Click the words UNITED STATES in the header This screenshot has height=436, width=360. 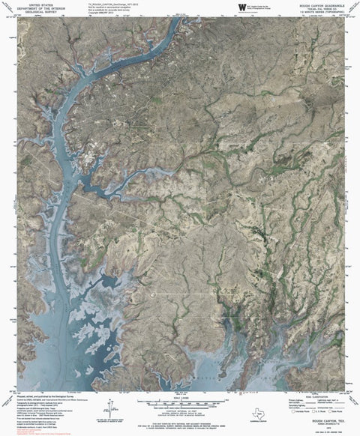[x=32, y=3]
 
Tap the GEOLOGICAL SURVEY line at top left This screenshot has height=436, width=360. [x=32, y=12]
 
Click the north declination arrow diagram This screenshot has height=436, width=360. [x=110, y=409]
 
